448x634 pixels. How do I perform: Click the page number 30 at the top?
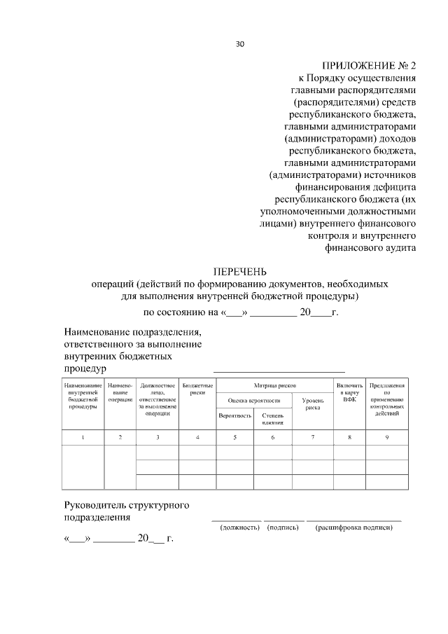click(239, 44)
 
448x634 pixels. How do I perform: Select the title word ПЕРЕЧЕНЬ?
click(240, 271)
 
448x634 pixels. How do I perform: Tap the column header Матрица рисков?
click(274, 385)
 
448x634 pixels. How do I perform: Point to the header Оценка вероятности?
click(253, 400)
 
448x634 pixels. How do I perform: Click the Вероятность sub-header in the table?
click(234, 415)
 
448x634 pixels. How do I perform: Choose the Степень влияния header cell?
click(272, 419)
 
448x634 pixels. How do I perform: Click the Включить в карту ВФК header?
click(349, 392)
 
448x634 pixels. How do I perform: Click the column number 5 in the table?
click(234, 438)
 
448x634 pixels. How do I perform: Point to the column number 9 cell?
click(387, 438)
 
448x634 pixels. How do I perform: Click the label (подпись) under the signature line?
click(283, 527)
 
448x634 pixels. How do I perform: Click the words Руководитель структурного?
click(127, 504)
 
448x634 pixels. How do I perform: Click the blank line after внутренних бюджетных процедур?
click(279, 368)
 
